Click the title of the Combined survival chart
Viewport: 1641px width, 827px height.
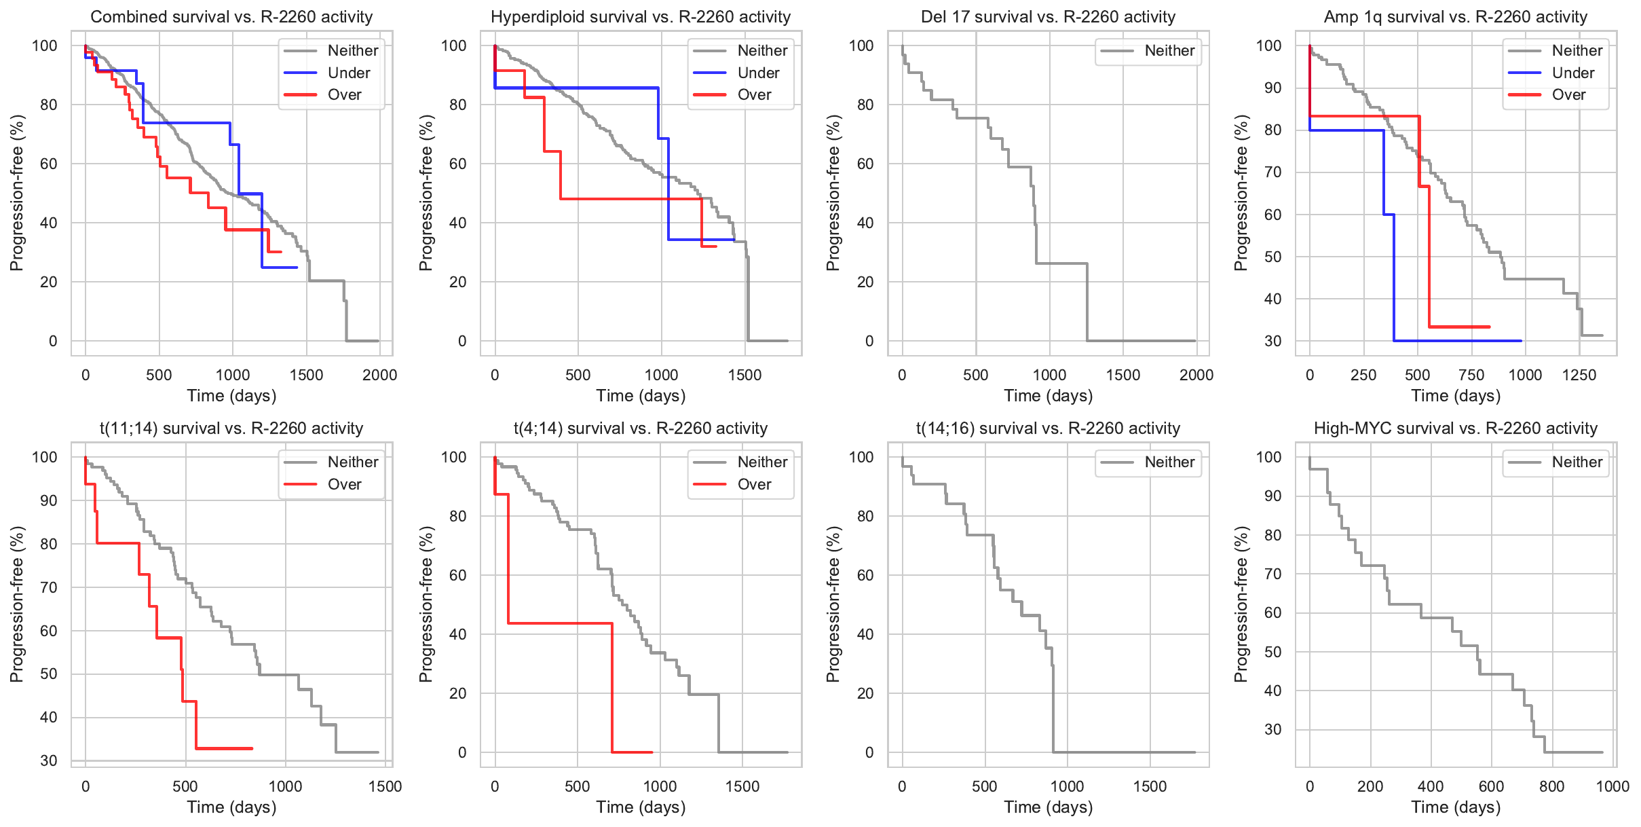(x=231, y=17)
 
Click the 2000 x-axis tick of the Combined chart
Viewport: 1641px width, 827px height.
(x=379, y=375)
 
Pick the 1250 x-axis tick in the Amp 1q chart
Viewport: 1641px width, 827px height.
(x=1579, y=375)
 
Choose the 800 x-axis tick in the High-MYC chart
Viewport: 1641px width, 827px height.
(x=1551, y=786)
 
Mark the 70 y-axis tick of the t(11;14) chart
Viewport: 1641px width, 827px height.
(x=49, y=587)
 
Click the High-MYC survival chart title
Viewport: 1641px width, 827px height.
(x=1456, y=428)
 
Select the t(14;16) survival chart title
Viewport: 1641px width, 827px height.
(x=1048, y=428)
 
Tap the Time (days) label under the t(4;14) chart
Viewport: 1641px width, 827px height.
(x=641, y=807)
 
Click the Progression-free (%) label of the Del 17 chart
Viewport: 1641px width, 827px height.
(x=833, y=193)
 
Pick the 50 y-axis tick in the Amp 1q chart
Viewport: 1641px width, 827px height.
(x=1272, y=257)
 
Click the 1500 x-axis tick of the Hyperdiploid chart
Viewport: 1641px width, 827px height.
(x=744, y=375)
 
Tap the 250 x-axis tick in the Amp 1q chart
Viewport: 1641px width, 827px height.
(x=1363, y=375)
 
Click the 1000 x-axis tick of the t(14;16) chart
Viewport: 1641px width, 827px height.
(x=1067, y=786)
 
